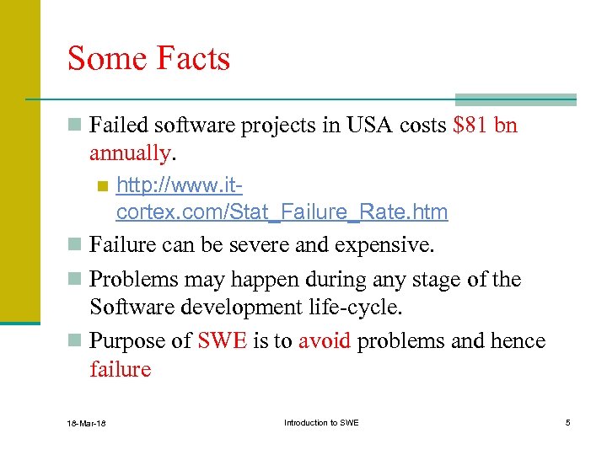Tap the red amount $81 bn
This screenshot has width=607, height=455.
[x=485, y=126]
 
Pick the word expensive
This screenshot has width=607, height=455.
[x=384, y=245]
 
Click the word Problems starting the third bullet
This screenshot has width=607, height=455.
[x=128, y=279]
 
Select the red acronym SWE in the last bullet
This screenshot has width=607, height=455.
[x=223, y=341]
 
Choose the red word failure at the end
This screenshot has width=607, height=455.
[x=120, y=369]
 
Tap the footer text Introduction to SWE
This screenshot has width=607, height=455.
[x=321, y=422]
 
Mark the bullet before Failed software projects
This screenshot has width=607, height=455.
[x=75, y=126]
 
